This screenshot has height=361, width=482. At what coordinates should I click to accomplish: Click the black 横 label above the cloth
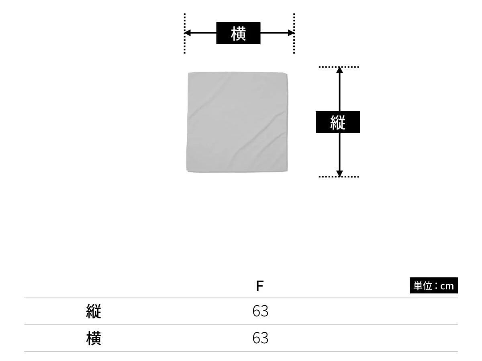click(238, 33)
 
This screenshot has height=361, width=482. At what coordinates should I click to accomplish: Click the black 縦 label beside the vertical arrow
click(337, 122)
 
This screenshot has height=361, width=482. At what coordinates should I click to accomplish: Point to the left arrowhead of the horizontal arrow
click(187, 33)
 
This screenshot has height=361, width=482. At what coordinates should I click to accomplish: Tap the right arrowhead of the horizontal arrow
click(291, 33)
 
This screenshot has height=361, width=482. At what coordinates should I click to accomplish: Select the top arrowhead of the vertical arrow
click(339, 70)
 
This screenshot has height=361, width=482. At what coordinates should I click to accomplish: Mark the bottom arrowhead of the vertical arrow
click(339, 173)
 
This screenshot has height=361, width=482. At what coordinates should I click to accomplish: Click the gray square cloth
click(237, 122)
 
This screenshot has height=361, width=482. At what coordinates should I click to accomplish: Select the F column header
click(260, 286)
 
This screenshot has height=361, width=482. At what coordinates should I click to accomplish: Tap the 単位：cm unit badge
click(433, 286)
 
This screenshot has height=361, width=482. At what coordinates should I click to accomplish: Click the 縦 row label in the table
click(94, 311)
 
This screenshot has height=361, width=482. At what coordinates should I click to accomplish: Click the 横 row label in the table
click(94, 338)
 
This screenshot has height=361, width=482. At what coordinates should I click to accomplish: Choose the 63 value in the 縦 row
click(260, 311)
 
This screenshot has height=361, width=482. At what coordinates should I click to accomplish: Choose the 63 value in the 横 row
click(260, 338)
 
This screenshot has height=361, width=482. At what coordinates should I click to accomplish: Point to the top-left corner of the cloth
click(189, 73)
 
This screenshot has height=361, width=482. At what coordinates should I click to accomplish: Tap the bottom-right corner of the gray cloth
click(286, 171)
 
